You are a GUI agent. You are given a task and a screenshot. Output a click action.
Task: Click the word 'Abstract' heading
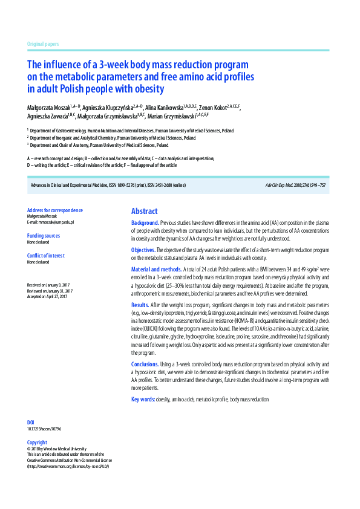pyautogui.click(x=145, y=211)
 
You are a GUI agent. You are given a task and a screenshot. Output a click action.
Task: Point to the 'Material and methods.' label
pyautogui.click(x=156, y=269)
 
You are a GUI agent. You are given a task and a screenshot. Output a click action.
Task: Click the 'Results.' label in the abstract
pyautogui.click(x=140, y=305)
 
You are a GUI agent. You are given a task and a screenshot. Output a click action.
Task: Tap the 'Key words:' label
pyautogui.click(x=143, y=400)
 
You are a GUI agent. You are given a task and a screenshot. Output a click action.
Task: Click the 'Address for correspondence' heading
pyautogui.click(x=55, y=210)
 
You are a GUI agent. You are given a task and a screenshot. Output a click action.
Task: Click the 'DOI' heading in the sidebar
pyautogui.click(x=31, y=422)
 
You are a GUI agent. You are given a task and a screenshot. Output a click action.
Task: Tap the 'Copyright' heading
pyautogui.click(x=37, y=443)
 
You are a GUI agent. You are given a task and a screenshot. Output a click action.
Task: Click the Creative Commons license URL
pyautogui.click(x=68, y=466)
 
